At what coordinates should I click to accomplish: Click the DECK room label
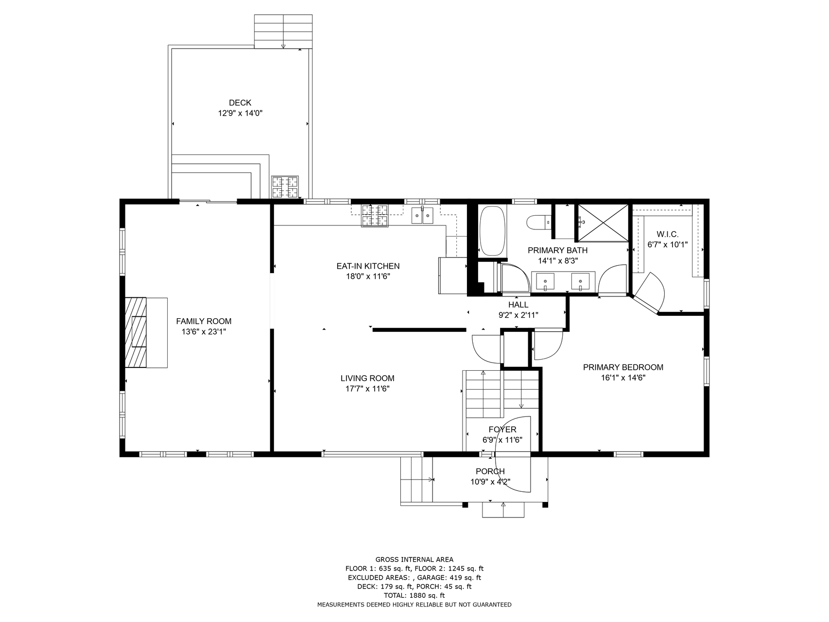point(240,103)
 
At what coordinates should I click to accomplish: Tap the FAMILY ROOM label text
point(204,321)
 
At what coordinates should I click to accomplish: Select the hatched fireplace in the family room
point(136,333)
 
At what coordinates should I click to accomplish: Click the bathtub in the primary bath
point(493,231)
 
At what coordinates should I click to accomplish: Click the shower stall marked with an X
point(602,223)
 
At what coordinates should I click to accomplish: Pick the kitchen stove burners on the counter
point(375,216)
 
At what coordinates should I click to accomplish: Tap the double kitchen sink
point(422,215)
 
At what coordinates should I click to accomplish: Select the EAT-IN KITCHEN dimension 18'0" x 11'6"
point(368,276)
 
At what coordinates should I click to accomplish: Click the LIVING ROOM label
point(367,378)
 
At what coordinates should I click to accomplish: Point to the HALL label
point(518,305)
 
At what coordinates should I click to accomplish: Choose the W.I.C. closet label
point(667,234)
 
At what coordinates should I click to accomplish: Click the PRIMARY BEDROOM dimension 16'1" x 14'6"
point(623,378)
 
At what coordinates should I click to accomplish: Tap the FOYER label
point(502,430)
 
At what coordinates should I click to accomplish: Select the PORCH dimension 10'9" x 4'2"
point(490,482)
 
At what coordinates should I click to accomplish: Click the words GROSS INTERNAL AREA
point(414,560)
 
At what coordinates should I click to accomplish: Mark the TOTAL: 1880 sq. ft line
point(414,595)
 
